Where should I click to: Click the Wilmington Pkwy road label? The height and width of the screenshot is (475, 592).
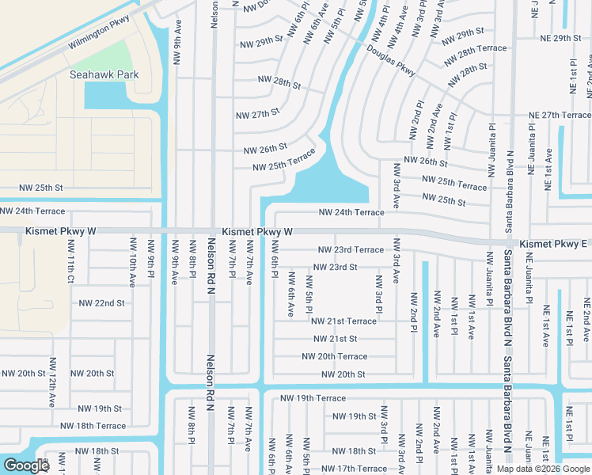[x=98, y=35]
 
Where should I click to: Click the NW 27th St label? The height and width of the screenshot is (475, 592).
[x=257, y=113]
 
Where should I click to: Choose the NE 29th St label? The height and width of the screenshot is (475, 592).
[x=560, y=38]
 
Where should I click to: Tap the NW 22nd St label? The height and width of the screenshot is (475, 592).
[x=101, y=303]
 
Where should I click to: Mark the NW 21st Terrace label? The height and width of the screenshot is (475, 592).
[x=343, y=321]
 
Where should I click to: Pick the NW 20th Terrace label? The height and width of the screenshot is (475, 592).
[x=334, y=356]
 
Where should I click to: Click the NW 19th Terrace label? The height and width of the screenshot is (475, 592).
[x=313, y=398]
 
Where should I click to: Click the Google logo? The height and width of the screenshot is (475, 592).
[x=25, y=465]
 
